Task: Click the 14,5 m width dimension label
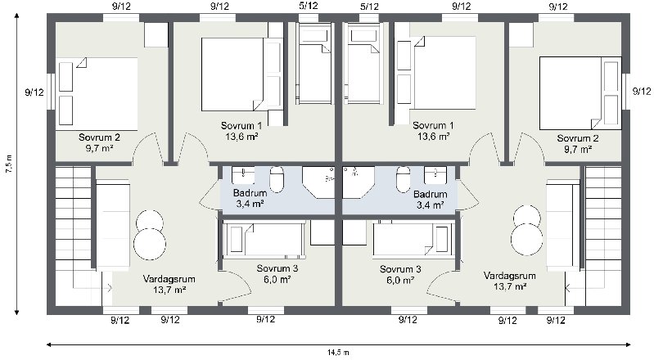point(338,353)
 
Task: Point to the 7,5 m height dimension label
point(8,163)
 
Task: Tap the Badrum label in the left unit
point(250,193)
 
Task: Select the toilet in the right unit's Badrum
point(403,179)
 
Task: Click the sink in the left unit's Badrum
point(243,175)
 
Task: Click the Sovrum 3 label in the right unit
point(400,269)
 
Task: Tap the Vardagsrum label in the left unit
point(169,279)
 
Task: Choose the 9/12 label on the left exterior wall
point(34,92)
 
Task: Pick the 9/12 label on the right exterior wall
point(642,91)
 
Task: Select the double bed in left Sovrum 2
point(97,94)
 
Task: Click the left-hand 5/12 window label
point(309,6)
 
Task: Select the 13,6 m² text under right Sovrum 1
point(433,136)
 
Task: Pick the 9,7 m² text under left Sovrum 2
point(100,148)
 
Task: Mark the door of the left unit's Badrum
point(210,192)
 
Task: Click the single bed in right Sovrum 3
point(413,240)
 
